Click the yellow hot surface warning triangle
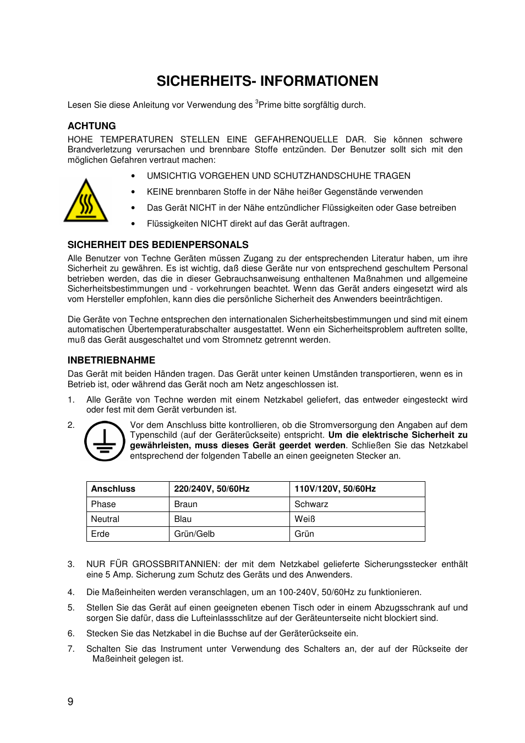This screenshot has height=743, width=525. click(86, 201)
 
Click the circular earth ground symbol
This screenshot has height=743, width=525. click(104, 441)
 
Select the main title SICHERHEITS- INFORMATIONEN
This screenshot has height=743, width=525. click(267, 81)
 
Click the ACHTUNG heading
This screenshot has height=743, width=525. click(91, 126)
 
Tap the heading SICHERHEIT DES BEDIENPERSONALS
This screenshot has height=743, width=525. click(158, 245)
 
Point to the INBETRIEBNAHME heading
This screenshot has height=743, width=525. click(111, 360)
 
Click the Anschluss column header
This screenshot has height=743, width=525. click(113, 489)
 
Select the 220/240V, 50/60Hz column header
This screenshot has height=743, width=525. click(212, 489)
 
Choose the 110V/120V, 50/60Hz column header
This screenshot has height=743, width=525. click(335, 489)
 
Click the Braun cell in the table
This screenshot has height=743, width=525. click(185, 504)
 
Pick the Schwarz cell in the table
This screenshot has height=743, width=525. click(311, 504)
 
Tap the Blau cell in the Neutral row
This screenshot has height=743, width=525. click(183, 519)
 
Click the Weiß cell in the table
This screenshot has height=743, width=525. click(305, 519)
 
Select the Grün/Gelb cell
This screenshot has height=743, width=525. click(194, 534)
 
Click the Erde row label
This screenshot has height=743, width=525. click(100, 534)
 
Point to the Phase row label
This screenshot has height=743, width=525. click(103, 504)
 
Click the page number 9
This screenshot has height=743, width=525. click(70, 701)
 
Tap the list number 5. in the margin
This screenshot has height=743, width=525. click(71, 608)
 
